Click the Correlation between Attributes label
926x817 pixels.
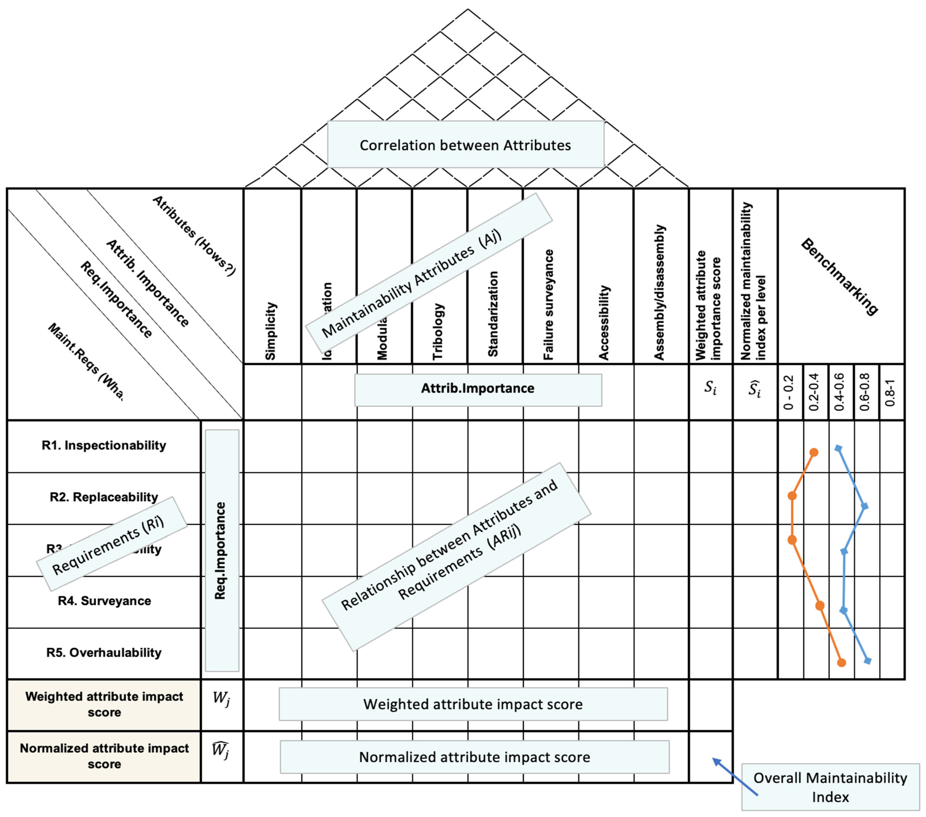465,145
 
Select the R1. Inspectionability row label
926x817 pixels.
104,445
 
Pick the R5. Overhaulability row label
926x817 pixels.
104,652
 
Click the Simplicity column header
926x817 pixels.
270,331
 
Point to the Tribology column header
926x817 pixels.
438,332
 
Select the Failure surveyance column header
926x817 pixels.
549,304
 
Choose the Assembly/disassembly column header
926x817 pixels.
659,292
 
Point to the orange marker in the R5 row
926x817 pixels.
841,662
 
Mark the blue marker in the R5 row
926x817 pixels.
867,661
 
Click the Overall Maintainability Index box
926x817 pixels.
830,787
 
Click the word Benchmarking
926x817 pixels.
839,276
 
